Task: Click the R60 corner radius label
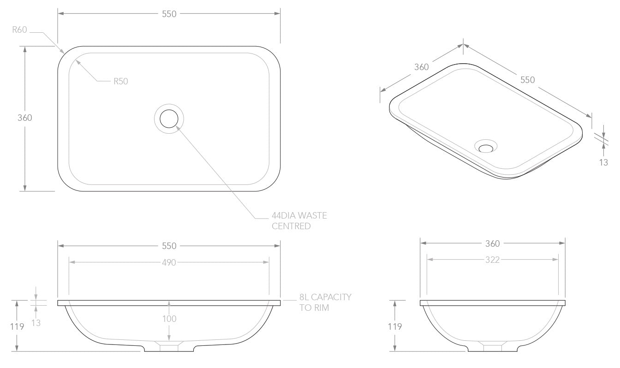pos(19,30)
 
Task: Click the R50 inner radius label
pos(121,81)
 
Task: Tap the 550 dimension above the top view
pos(169,14)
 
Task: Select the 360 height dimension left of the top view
pos(25,118)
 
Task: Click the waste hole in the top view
pos(169,119)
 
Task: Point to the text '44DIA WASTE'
pos(299,215)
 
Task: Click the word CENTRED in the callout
pos(291,226)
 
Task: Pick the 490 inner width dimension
pos(169,262)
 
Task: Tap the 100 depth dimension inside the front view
pos(169,319)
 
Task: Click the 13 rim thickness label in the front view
pos(36,323)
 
